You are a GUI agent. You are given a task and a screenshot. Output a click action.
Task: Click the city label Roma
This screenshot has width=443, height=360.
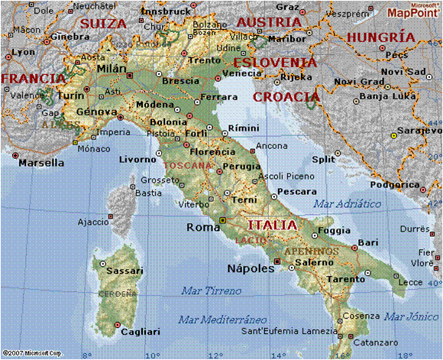click(203, 227)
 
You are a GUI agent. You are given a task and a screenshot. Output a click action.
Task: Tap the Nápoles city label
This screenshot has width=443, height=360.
click(251, 268)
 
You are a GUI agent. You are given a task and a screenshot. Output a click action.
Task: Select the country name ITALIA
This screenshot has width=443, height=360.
click(272, 225)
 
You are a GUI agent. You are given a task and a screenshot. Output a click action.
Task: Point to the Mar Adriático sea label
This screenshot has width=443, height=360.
click(347, 203)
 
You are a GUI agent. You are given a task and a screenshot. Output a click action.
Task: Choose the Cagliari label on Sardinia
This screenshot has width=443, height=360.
click(138, 332)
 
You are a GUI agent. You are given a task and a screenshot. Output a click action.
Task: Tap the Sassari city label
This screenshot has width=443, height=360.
click(124, 271)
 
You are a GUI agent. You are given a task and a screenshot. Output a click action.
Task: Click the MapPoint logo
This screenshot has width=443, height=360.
click(412, 11)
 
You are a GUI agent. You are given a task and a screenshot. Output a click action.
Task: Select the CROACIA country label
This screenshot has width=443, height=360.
click(286, 97)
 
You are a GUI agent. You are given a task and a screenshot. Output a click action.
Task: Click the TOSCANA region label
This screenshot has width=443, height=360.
click(186, 164)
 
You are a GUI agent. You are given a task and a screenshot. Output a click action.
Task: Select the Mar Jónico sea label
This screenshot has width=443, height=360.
click(411, 316)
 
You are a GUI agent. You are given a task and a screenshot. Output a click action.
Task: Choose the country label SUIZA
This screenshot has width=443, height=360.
click(103, 24)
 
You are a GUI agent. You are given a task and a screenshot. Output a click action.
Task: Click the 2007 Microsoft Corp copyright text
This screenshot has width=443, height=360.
click(34, 353)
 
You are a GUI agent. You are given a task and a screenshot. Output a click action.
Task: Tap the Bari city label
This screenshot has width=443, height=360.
click(368, 242)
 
